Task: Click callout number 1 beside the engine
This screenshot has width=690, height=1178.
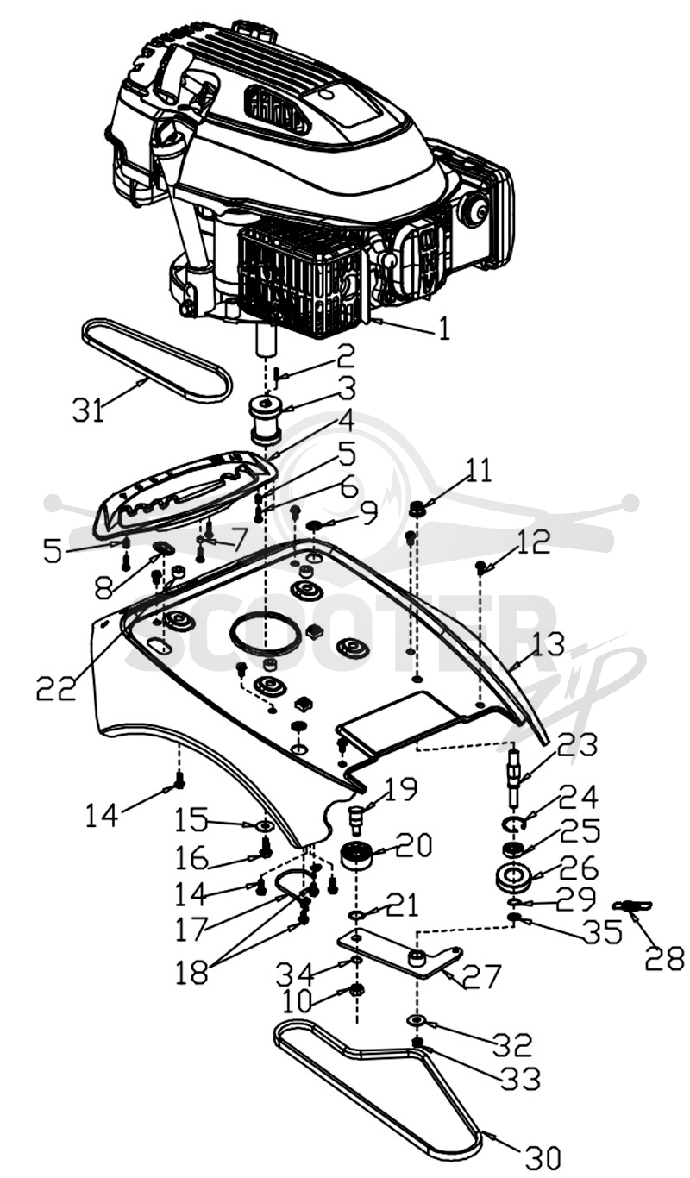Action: click(x=444, y=329)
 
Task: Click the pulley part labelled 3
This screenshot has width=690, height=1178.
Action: click(x=266, y=421)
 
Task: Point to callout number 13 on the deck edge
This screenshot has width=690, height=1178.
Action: click(x=548, y=644)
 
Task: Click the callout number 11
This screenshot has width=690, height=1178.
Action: click(x=477, y=470)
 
